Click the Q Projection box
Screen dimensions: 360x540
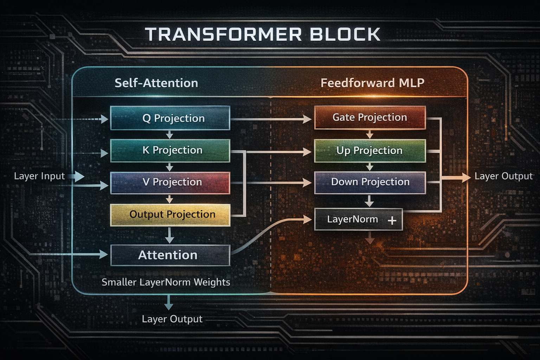coord(170,118)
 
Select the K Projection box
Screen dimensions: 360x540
coord(170,150)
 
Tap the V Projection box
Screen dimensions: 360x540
coord(170,182)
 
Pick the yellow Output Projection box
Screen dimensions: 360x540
coord(170,214)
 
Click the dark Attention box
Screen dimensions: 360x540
coord(170,255)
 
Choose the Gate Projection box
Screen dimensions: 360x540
coord(370,117)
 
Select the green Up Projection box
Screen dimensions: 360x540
coord(370,150)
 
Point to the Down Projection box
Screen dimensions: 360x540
coord(370,182)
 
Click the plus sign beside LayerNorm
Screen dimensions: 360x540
coord(392,220)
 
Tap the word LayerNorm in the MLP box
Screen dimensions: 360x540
coord(352,219)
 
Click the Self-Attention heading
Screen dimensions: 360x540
coord(156,83)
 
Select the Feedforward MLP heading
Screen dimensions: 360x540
coord(372,83)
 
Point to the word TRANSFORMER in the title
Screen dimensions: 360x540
coord(224,34)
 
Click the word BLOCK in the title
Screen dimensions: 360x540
coord(345,34)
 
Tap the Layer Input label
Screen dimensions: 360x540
coord(39,176)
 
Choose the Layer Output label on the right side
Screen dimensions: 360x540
coord(503,176)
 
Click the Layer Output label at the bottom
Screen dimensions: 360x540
coord(172,319)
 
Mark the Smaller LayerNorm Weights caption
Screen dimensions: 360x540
coord(166,282)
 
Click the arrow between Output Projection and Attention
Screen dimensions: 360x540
coord(169,235)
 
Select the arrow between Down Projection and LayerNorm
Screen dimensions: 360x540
coord(369,201)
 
